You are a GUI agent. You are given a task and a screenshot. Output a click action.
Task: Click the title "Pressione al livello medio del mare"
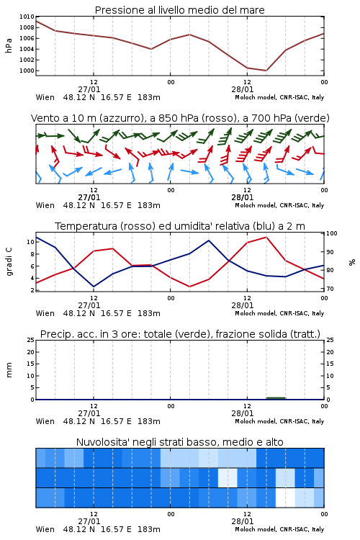click(179, 10)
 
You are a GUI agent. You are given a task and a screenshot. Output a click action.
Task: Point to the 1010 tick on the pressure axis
click(27, 17)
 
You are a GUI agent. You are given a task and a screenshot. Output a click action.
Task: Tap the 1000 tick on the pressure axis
click(27, 71)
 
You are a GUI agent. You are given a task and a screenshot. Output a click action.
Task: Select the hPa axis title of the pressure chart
click(9, 45)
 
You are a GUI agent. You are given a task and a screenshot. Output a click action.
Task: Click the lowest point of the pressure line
click(266, 71)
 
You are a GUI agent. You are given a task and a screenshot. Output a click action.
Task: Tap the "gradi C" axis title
click(9, 261)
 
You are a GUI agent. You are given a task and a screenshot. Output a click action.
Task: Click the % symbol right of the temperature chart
click(352, 262)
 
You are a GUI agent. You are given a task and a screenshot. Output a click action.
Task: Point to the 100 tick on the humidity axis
click(332, 233)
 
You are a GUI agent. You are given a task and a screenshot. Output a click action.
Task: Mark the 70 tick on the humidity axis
click(330, 289)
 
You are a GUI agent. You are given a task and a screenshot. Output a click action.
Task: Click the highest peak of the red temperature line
click(266, 237)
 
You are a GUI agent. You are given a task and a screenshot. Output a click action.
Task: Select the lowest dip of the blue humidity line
click(94, 287)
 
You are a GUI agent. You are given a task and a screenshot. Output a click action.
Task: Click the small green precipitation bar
click(276, 398)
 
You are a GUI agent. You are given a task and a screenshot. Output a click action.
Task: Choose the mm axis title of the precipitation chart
click(9, 369)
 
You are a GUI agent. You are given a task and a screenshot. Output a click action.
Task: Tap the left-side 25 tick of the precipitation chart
click(31, 340)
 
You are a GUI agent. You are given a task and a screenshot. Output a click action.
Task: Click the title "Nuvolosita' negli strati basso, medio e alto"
click(179, 442)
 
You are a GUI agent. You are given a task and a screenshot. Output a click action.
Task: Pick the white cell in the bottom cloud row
click(285, 498)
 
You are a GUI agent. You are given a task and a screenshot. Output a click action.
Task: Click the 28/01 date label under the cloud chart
click(243, 521)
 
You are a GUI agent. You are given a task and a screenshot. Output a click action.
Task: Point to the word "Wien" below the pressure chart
click(45, 97)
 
